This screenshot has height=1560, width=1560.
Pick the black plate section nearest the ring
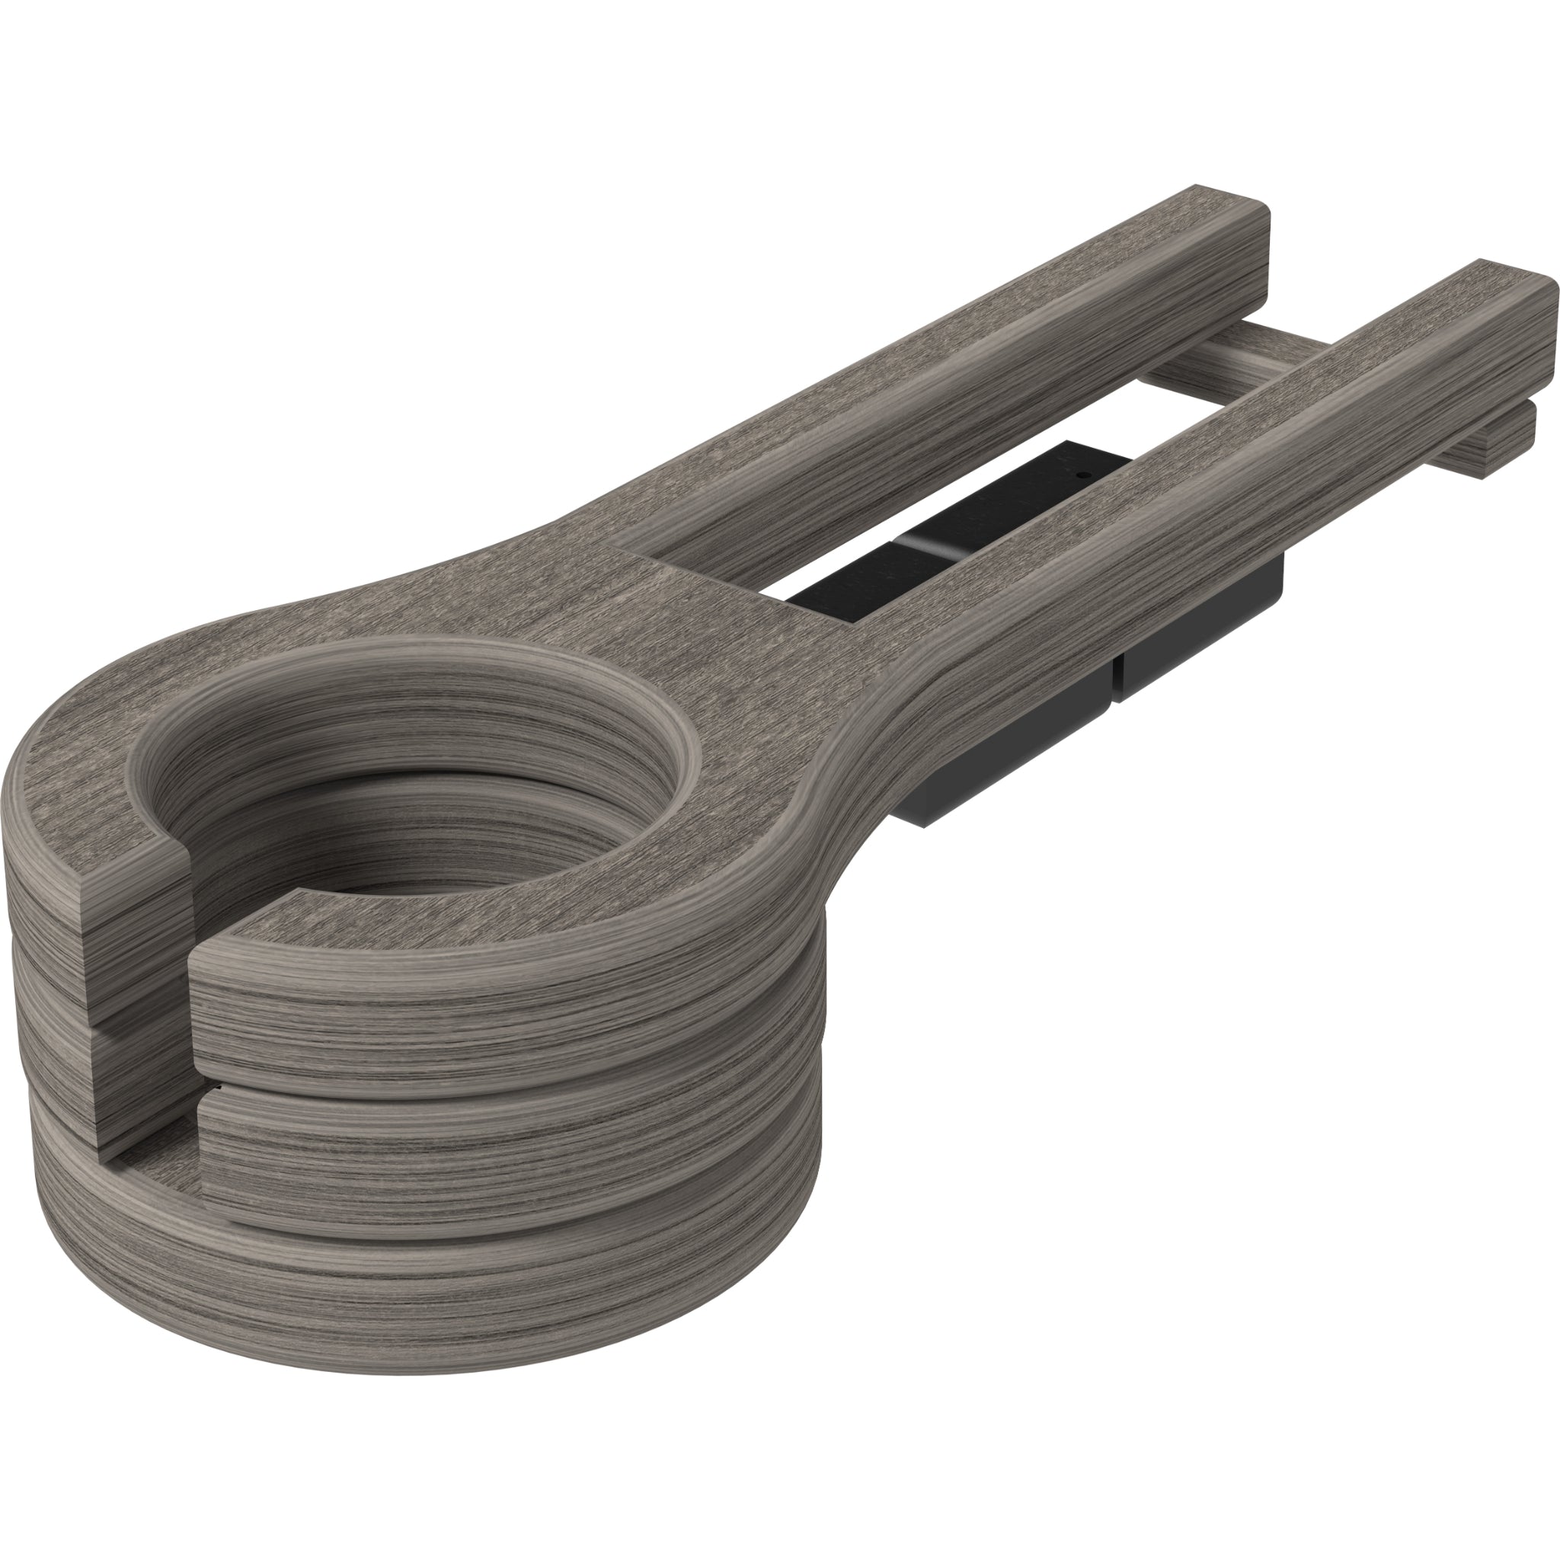pyautogui.click(x=839, y=583)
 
